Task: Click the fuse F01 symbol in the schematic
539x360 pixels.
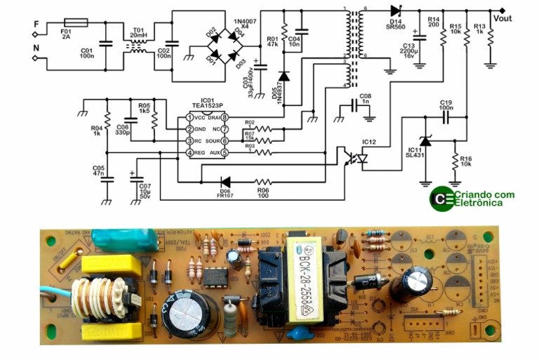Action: pos(75,22)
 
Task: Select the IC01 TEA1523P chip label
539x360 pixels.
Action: pos(206,108)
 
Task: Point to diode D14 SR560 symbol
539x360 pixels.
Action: pos(394,11)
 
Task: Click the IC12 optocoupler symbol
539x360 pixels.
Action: pos(353,159)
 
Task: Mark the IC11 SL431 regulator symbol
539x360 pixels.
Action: pos(424,143)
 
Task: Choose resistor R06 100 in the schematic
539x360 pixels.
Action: pos(263,180)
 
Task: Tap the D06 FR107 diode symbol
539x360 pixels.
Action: pos(225,180)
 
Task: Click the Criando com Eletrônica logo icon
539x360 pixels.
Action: pos(441,198)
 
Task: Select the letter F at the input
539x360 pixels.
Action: pos(36,23)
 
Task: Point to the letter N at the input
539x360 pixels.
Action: pos(36,50)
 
